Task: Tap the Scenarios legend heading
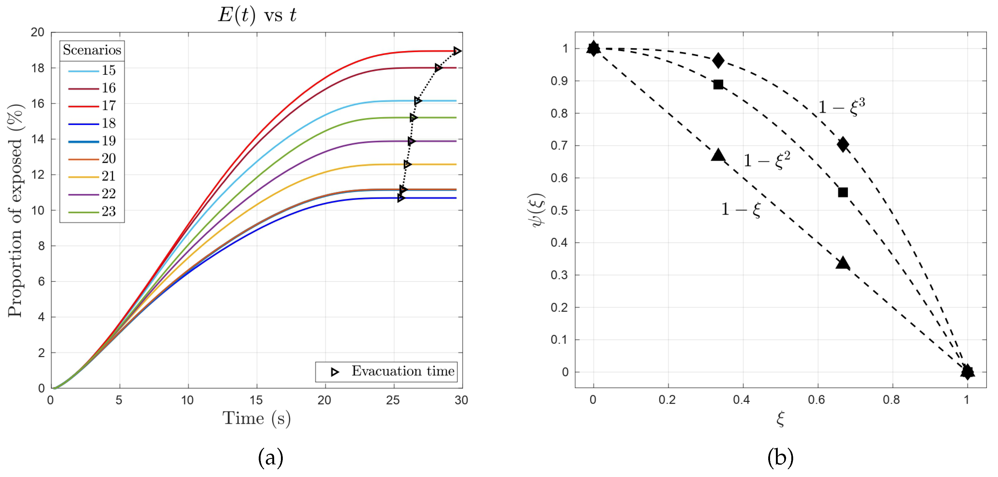92,50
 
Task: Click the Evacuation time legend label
403,371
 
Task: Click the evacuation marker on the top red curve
457,51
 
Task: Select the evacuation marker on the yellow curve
407,165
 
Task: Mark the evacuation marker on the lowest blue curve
401,198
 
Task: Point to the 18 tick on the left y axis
38,68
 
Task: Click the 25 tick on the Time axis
393,400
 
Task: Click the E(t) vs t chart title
257,15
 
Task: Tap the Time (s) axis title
256,419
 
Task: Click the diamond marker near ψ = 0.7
843,144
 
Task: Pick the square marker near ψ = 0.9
718,84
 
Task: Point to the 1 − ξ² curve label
766,159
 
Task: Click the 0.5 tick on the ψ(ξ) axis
559,210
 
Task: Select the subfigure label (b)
780,458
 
